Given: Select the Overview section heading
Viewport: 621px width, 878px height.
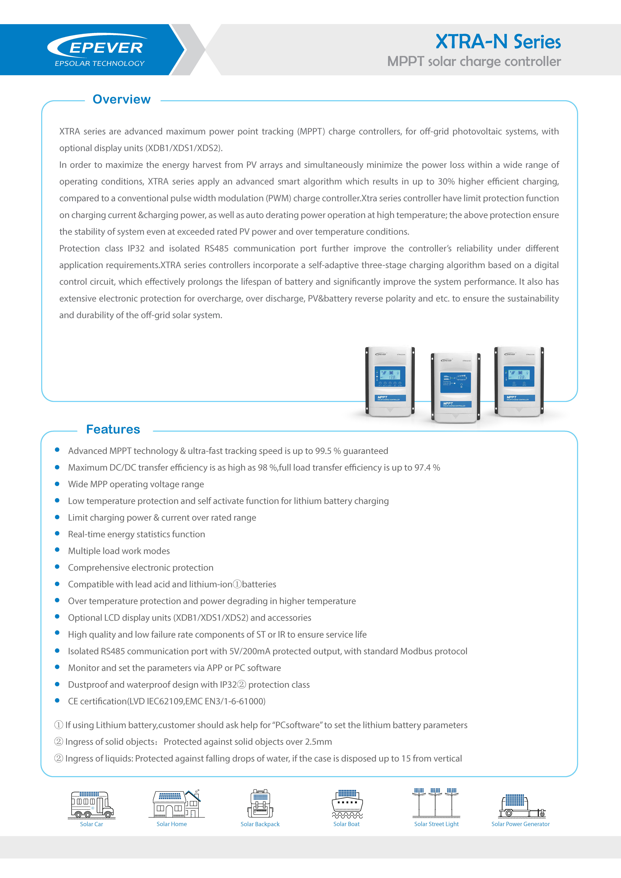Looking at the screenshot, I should [122, 99].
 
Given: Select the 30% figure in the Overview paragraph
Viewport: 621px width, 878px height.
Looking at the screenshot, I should [446, 182].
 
